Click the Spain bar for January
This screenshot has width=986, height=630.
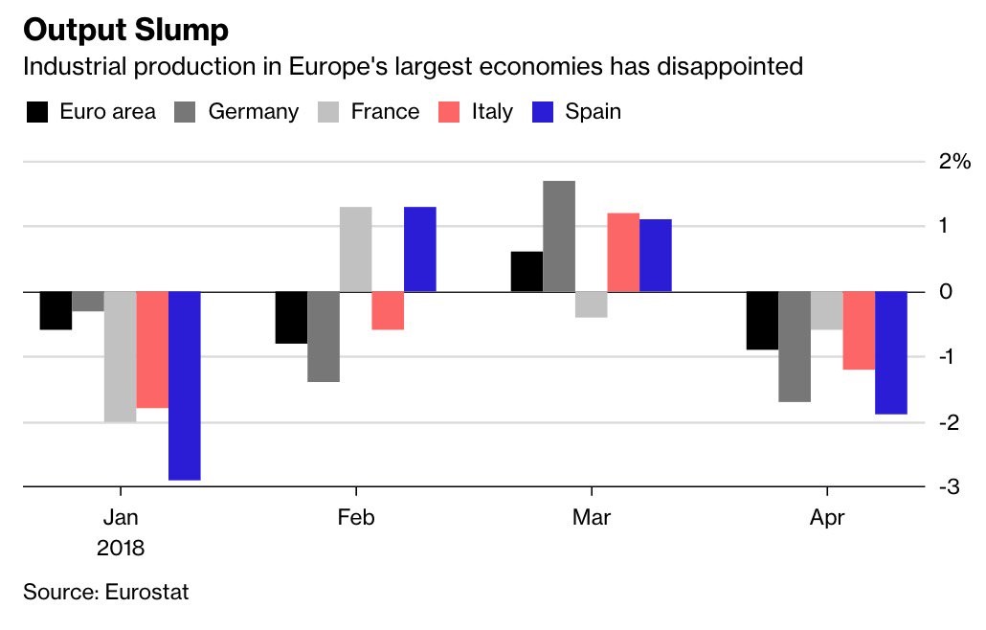[185, 385]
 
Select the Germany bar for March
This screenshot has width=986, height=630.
[559, 236]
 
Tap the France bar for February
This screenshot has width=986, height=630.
[355, 249]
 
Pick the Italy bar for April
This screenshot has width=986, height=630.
[859, 330]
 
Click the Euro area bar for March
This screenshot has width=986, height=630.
[527, 272]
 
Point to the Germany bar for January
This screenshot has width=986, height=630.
[88, 302]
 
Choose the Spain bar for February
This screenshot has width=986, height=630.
[420, 249]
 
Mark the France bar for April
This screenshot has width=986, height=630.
[826, 310]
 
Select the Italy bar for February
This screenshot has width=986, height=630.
[388, 310]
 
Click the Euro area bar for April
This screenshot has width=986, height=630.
[762, 321]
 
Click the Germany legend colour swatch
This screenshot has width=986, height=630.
[186, 112]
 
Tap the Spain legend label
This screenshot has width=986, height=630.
[593, 112]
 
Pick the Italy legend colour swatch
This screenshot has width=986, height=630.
[450, 112]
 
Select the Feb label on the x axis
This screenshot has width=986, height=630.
[356, 518]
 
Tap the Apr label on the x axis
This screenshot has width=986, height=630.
[827, 518]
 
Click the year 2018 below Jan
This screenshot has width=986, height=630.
[121, 549]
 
